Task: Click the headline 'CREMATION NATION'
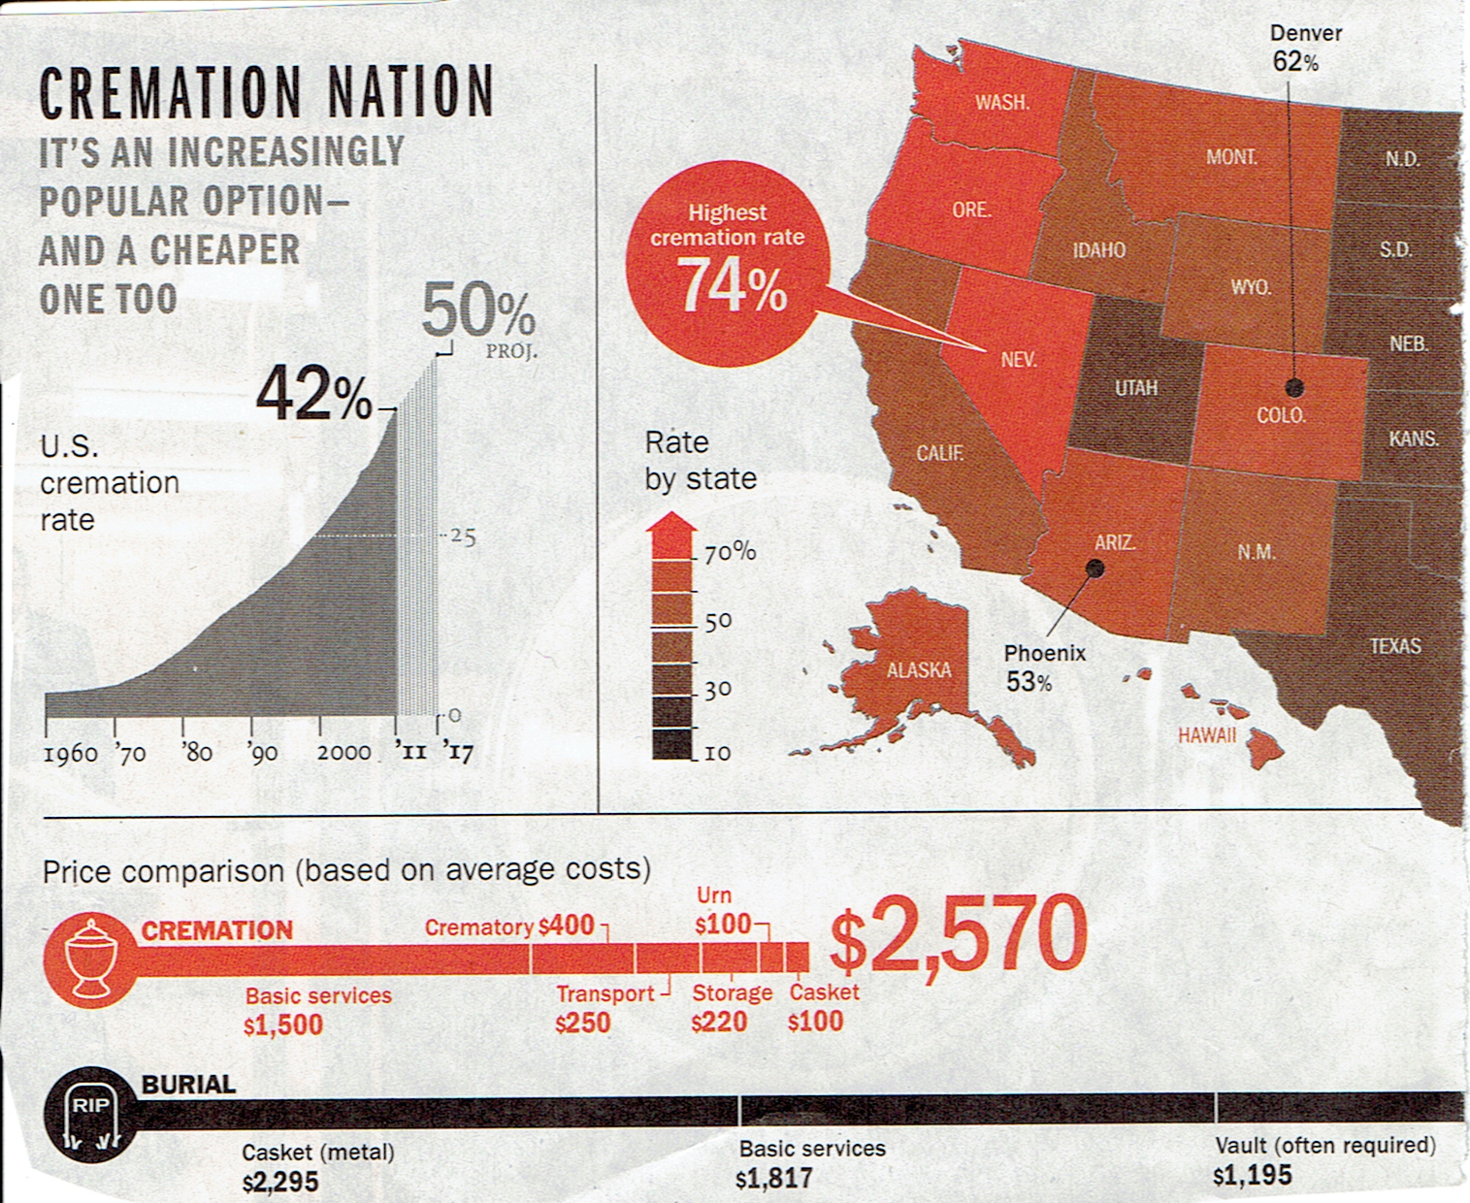(266, 92)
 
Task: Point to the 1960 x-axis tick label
(70, 754)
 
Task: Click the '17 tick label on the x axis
(457, 752)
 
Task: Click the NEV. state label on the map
(1019, 360)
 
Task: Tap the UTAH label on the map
(1135, 388)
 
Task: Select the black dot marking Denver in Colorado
(1294, 388)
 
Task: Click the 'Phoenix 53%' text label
(1043, 667)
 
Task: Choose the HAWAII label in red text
(1206, 735)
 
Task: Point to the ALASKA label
(918, 669)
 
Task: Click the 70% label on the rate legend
(730, 552)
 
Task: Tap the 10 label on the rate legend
(717, 753)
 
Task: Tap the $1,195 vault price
(1252, 1176)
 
